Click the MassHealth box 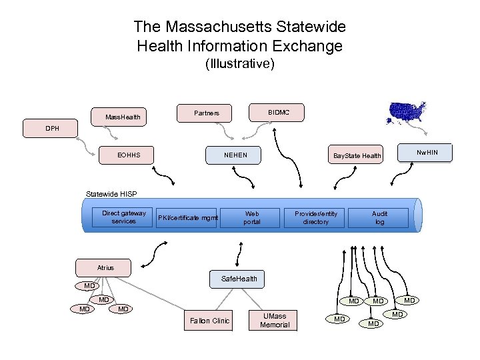point(123,117)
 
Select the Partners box point(207,113)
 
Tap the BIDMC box point(279,112)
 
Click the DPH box point(51,128)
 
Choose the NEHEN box point(235,155)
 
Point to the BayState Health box point(357,156)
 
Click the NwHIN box point(427,153)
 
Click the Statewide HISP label point(111,194)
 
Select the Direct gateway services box point(124,217)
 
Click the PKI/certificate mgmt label point(187,217)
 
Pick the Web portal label point(252,217)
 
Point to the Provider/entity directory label point(316,217)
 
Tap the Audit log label point(380,217)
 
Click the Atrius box point(105,268)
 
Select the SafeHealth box point(234,279)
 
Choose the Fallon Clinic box point(209,321)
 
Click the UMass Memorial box point(275,320)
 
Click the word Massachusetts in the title point(221,27)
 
